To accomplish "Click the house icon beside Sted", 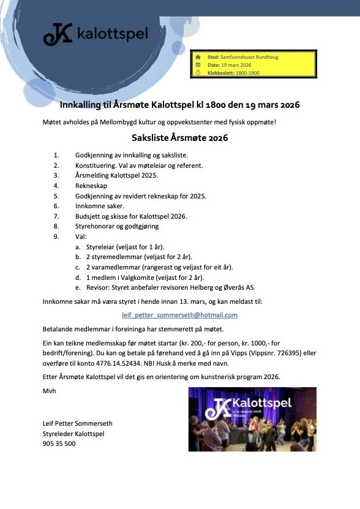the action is [x=198, y=56].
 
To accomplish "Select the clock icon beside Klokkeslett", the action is [x=198, y=72].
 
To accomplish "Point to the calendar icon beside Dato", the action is [x=198, y=64].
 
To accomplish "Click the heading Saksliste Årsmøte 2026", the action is [x=180, y=138].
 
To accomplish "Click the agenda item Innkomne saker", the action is [x=99, y=206].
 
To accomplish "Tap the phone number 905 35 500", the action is [x=59, y=443].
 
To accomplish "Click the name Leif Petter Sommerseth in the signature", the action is [x=78, y=423].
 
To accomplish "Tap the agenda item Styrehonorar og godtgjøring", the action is [x=117, y=226].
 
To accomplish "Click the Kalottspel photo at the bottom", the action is [x=252, y=418].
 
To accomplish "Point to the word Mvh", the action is [x=48, y=390].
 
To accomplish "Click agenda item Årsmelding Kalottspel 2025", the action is [x=116, y=175].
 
